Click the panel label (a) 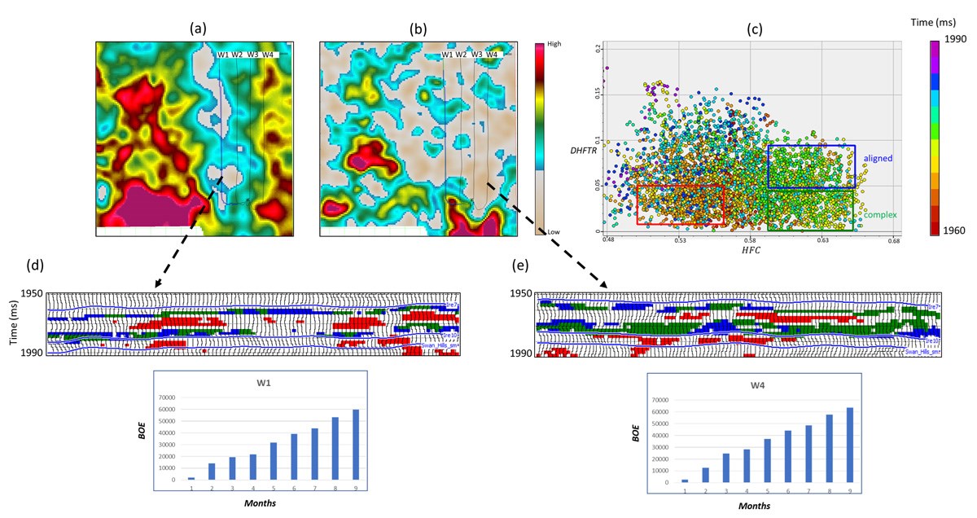pos(198,29)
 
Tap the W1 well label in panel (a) pos(222,55)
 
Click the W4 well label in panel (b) pos(492,55)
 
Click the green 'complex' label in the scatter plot pos(880,214)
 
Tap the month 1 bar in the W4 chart pos(685,481)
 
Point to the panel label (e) pos(519,266)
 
